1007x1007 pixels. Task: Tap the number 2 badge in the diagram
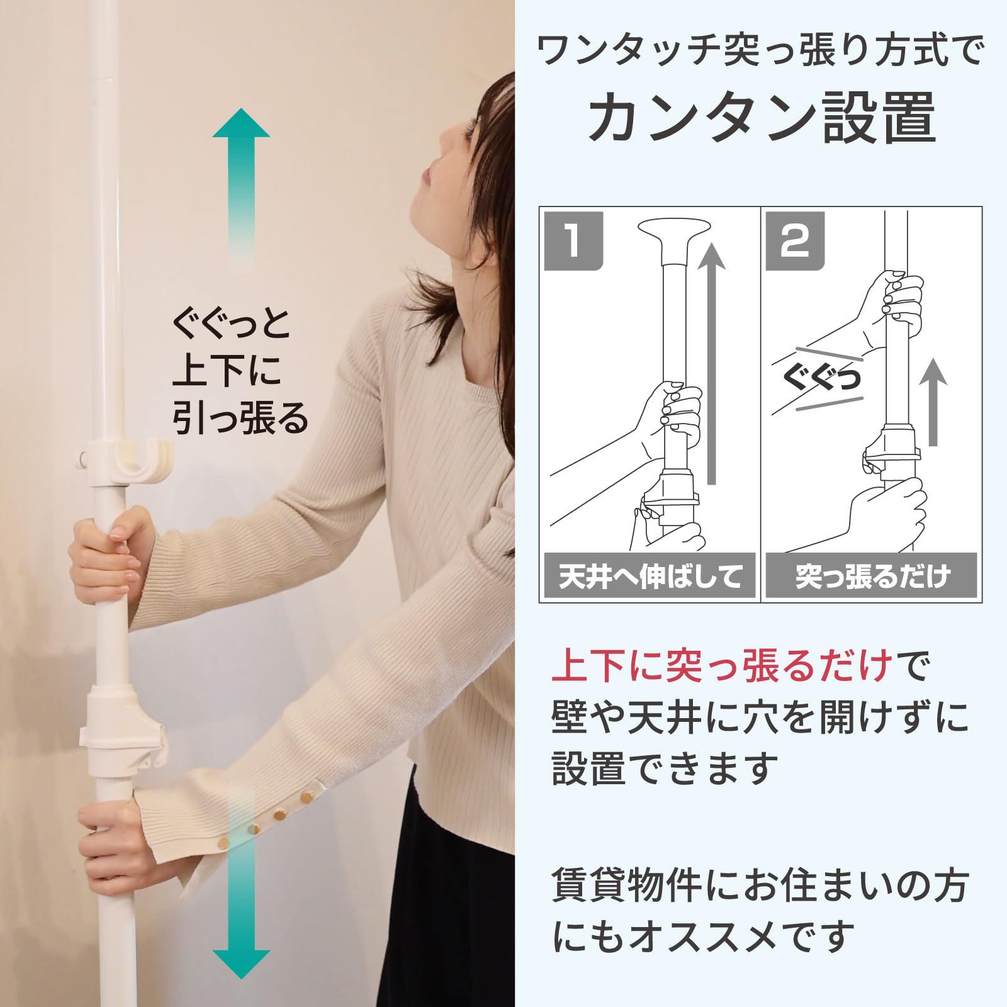pyautogui.click(x=795, y=242)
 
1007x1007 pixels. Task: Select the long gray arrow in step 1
pyautogui.click(x=712, y=365)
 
